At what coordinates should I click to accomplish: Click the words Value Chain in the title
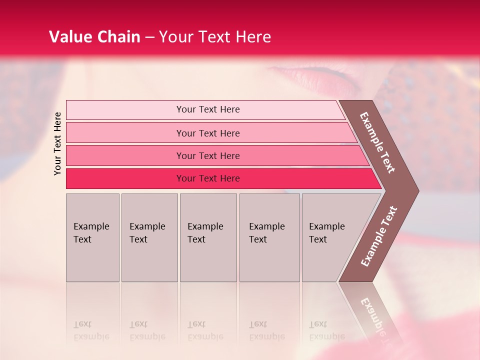point(94,37)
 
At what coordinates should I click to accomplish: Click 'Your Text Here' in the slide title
point(215,37)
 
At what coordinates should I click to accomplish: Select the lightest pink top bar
point(207,109)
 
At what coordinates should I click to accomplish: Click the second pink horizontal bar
point(207,133)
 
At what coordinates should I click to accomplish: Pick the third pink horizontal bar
point(207,155)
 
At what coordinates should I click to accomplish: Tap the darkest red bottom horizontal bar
point(207,178)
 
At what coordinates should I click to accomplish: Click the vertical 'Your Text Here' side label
point(57,143)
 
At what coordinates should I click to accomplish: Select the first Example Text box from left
point(92,237)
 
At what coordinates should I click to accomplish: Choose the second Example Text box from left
point(149,237)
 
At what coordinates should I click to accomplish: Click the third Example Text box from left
point(207,237)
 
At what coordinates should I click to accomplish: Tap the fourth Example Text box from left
point(269,237)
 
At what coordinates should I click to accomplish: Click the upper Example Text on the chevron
point(377,142)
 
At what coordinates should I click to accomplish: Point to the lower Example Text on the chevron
point(378,236)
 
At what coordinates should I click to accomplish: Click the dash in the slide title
point(149,37)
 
